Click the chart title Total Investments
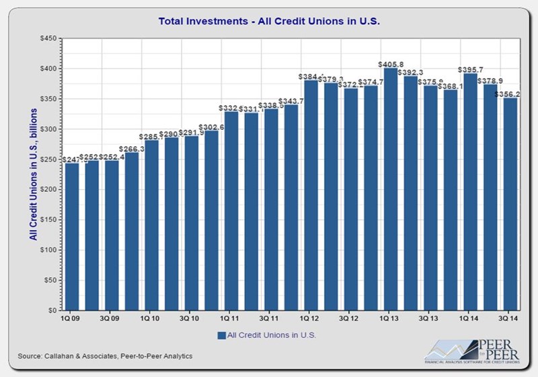tap(269, 21)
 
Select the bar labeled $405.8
tap(389, 188)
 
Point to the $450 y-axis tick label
tap(48, 38)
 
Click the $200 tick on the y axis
tap(48, 190)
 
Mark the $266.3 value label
tap(132, 149)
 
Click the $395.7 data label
tap(469, 69)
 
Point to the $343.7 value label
tap(291, 101)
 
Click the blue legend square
tap(221, 335)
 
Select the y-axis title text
tap(32, 173)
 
